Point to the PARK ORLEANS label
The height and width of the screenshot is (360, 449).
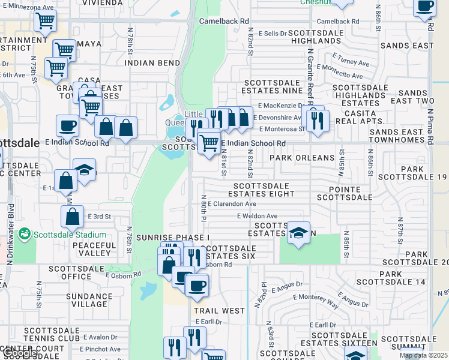301,158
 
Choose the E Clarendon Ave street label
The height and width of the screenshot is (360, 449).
232,204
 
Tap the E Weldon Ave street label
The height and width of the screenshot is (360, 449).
257,216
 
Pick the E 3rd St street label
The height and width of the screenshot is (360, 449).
100,216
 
